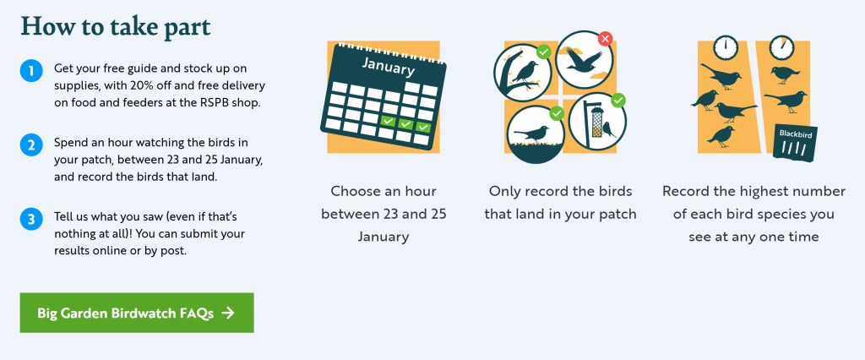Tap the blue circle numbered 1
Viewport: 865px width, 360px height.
30,70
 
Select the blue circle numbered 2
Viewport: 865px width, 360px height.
30,145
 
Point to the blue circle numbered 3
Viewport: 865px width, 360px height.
30,220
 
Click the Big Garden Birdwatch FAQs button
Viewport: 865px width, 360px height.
137,313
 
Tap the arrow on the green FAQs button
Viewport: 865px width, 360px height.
227,313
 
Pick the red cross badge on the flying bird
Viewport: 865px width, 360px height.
604,39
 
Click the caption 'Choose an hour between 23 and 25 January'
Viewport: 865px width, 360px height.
384,214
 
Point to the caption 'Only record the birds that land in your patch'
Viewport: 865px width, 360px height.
560,202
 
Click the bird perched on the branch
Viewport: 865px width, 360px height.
525,70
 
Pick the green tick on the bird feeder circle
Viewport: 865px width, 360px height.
618,101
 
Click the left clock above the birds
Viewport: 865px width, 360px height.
725,47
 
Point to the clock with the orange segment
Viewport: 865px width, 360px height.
782,47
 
